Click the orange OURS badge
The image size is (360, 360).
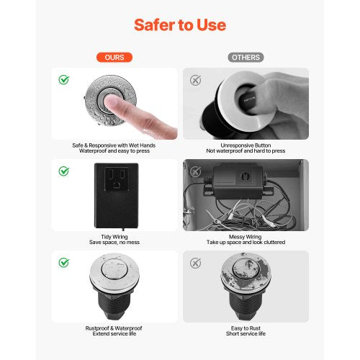point(114,58)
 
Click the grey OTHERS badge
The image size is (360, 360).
point(246,58)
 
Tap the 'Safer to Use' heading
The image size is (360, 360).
point(180,25)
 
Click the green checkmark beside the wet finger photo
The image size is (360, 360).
point(64,80)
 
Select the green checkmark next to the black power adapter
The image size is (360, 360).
point(64,171)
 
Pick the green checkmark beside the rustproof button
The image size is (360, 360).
point(64,263)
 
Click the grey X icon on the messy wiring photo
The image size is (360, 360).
point(196,171)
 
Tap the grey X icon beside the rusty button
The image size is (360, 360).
point(196,263)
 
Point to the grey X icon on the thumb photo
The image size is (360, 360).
point(196,80)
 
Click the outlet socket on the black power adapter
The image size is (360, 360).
point(117,179)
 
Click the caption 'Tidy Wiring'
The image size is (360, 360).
point(114,237)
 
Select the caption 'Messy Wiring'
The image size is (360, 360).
point(246,237)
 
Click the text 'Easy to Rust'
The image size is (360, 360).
point(246,328)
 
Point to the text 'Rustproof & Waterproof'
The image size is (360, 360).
point(114,328)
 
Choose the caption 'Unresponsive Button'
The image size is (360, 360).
point(246,145)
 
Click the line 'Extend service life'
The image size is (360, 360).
point(114,333)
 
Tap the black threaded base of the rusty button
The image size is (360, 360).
point(246,304)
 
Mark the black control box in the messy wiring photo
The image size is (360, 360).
point(238,181)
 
